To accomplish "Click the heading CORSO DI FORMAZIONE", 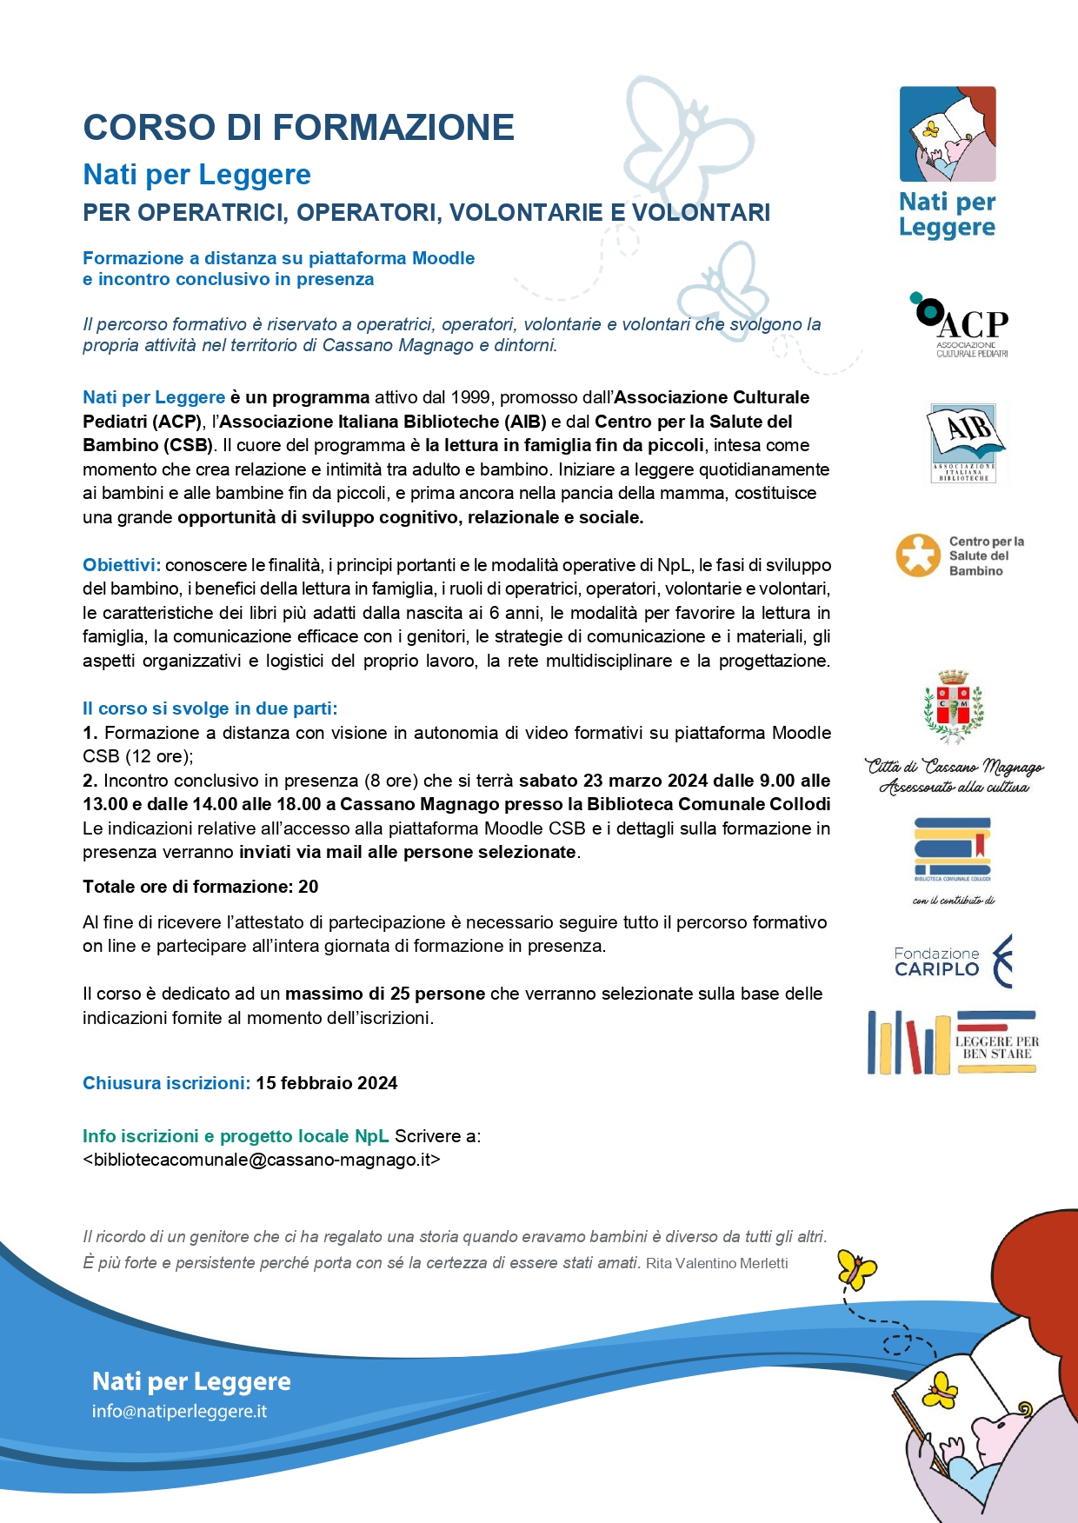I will coord(298,128).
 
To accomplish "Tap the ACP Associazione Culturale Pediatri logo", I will coord(961,325).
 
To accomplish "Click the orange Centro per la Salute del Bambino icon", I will coord(918,555).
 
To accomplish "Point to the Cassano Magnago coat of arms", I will coord(954,707).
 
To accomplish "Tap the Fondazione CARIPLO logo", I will coord(954,961).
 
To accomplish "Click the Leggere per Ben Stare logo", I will coord(952,1042).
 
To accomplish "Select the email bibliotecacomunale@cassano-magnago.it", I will coord(262,1160).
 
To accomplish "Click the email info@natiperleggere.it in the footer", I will coord(179,1411).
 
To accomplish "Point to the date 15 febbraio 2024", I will coord(326,1083).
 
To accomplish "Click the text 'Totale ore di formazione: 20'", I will coord(200,887).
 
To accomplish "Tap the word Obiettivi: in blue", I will coord(122,565).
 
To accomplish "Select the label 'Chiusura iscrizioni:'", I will coord(166,1083).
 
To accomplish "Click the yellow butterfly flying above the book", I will coord(856,1270).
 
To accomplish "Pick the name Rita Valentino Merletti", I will coord(716,1263).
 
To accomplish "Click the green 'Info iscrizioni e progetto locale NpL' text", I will coord(236,1136).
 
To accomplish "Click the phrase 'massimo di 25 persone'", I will coord(385,994).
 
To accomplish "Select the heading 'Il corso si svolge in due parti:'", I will coord(210,708).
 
